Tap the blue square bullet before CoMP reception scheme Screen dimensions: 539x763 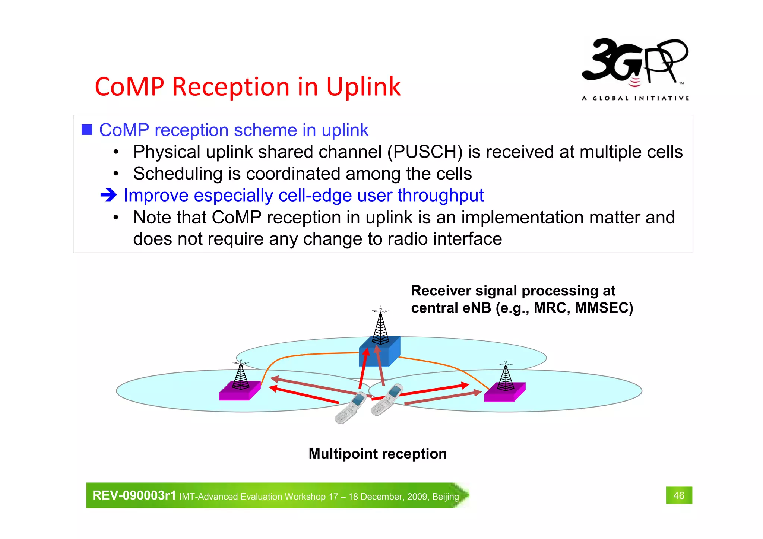(x=87, y=130)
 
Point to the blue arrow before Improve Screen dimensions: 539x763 (x=108, y=195)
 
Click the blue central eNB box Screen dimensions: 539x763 (x=379, y=354)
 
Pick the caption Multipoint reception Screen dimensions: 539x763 (x=377, y=454)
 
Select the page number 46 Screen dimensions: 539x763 (x=679, y=495)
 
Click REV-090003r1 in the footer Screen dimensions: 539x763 (x=134, y=496)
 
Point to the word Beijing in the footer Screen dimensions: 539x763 (x=445, y=497)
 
